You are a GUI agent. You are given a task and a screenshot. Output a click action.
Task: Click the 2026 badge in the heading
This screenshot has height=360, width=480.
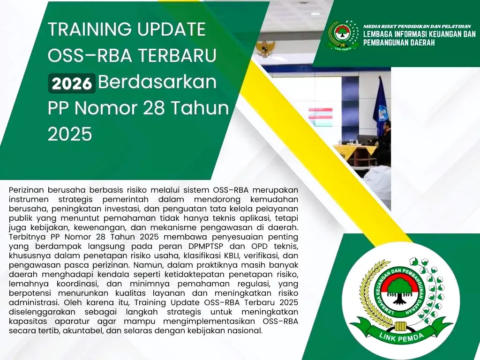tap(72, 83)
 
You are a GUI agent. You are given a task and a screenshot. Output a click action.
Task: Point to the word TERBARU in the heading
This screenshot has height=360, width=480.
tap(177, 56)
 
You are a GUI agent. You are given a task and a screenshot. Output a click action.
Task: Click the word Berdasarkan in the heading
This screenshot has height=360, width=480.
tap(157, 82)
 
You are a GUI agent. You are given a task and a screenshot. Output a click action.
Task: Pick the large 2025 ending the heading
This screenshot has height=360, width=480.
tap(70, 135)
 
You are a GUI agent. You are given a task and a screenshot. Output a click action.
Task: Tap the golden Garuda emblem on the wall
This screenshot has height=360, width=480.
tap(265, 49)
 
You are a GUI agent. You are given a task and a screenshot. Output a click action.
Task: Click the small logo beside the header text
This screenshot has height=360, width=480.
tap(343, 35)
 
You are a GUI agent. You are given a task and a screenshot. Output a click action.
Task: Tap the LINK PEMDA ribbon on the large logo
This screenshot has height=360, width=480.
tap(401, 332)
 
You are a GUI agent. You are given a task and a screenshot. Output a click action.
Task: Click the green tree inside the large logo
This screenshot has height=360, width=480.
tap(400, 291)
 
